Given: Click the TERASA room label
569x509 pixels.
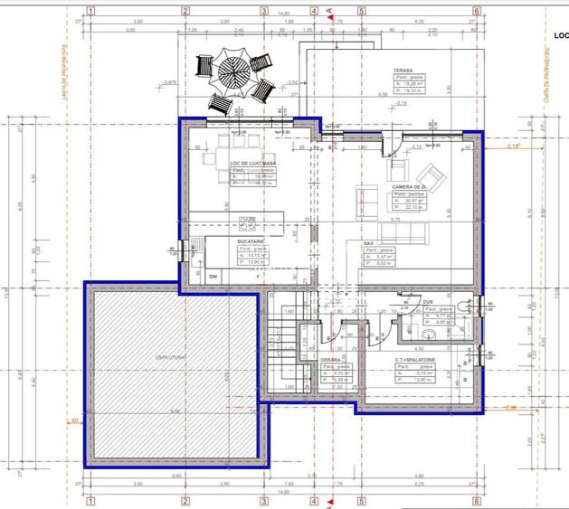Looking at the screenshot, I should pos(403,71).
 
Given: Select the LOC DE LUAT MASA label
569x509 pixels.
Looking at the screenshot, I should pos(252,164).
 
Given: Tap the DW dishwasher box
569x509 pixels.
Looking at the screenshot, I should pos(213,276).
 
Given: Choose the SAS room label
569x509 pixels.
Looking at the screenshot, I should pos(369,243).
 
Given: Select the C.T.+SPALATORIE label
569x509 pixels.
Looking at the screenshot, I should pos(414,359).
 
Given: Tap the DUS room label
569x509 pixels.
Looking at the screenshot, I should pos(428,302).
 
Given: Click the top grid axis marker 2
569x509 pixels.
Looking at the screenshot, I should pos(185,12).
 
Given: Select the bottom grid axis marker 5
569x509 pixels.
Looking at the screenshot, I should pos(361,499).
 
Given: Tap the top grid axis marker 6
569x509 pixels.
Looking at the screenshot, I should pos(476,12).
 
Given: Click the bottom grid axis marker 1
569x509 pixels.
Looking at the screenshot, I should pos(91,499).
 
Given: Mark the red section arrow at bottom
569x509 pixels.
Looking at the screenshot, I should pos(330,500).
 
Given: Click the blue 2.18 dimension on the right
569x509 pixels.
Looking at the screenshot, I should pos(513,146).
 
